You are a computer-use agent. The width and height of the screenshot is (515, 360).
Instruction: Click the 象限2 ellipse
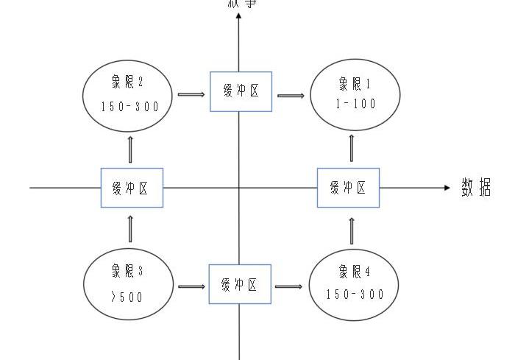coord(129,94)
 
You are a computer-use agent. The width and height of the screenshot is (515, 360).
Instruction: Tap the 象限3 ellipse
coord(128,284)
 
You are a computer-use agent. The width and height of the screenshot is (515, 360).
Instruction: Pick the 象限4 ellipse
coord(355,284)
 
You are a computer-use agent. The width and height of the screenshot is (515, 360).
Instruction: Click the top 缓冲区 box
coord(241,91)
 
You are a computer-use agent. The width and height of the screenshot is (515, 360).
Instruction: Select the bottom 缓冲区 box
coord(241,284)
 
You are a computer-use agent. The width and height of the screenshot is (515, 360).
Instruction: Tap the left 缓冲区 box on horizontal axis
coord(132,188)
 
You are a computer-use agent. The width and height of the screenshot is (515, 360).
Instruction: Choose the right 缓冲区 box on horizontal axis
coord(348,188)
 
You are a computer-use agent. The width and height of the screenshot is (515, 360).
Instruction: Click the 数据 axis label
coord(476,188)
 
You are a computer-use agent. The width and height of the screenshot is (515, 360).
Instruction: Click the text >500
coord(127,297)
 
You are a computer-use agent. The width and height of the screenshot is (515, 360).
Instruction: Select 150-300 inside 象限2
coord(129,106)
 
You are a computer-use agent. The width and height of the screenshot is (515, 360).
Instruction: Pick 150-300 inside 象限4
coord(355,294)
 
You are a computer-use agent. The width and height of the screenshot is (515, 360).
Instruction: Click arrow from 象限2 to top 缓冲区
coord(191,94)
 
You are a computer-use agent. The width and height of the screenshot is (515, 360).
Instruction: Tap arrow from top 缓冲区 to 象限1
coord(291,94)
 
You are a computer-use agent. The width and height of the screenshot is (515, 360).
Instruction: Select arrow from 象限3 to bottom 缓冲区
coord(191,285)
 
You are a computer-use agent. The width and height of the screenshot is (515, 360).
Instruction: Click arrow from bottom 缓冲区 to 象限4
coord(289,285)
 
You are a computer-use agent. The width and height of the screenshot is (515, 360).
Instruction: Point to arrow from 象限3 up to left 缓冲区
coord(131,229)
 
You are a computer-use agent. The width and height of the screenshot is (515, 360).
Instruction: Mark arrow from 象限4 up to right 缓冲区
coord(351,229)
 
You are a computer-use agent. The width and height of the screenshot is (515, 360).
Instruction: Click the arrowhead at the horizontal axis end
coord(446,188)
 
